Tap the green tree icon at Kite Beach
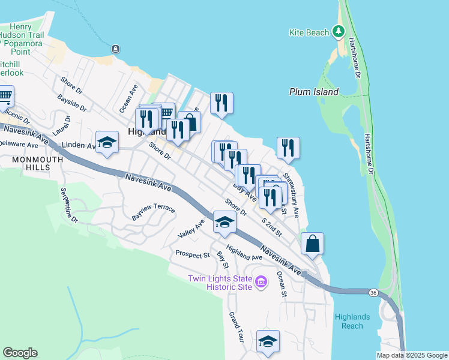point(338,31)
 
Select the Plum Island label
point(313,92)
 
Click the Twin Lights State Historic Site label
point(219,282)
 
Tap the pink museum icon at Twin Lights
point(261,281)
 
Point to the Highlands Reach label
point(353,321)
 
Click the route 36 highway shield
point(373,292)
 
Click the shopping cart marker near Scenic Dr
point(5,96)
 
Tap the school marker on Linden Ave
point(107,142)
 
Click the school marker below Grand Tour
point(268,341)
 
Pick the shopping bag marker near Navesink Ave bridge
point(312,244)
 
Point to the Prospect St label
point(192,254)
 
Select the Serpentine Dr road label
point(69,205)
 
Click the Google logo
point(20,353)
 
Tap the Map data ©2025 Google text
point(412,355)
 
